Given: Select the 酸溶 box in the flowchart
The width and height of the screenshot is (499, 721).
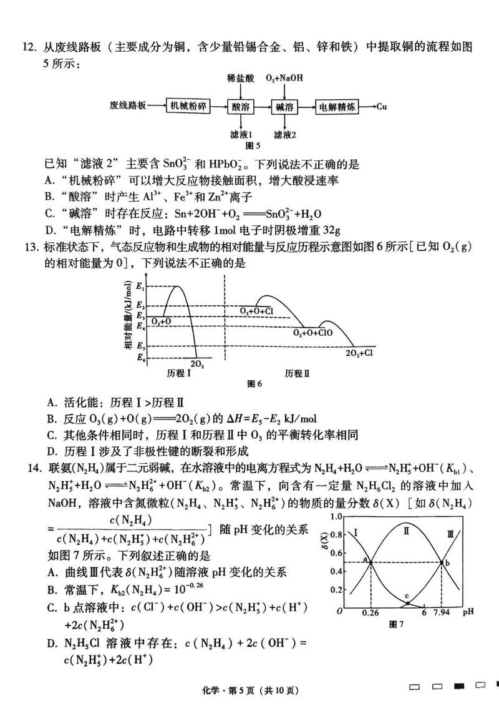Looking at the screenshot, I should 240,106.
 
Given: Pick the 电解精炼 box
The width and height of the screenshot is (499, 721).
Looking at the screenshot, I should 337,106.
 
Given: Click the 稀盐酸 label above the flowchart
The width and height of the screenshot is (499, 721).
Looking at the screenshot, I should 240,78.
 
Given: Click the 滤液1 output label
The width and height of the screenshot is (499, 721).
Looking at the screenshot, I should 240,134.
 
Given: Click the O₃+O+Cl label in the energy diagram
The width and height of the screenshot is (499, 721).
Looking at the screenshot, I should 256,310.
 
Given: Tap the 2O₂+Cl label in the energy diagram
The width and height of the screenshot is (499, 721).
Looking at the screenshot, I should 359,352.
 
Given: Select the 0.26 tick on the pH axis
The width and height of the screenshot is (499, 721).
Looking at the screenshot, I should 371,614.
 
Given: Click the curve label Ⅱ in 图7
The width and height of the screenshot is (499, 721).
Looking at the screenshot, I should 406,531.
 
